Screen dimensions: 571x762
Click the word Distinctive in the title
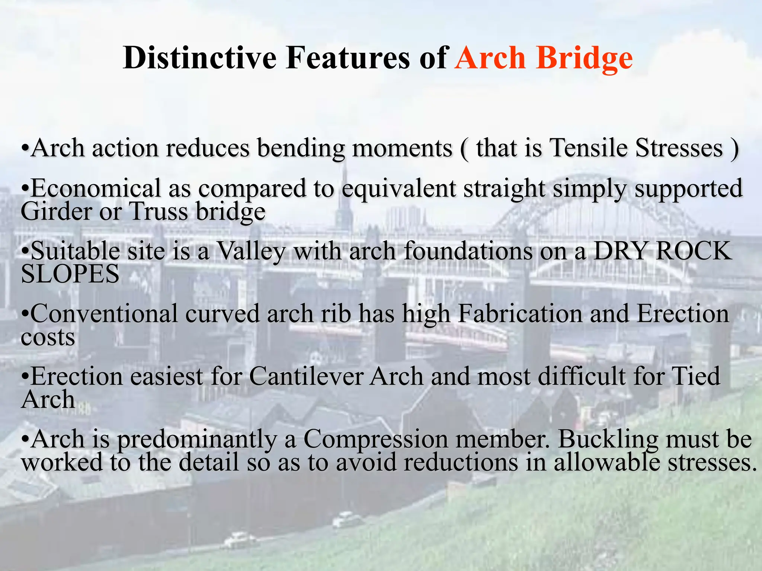(x=199, y=58)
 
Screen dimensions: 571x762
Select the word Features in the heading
(x=348, y=58)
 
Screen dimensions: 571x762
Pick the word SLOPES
(x=70, y=274)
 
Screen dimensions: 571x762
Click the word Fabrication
(x=519, y=314)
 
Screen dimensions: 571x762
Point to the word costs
(x=48, y=338)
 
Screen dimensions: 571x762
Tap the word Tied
(x=696, y=376)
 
